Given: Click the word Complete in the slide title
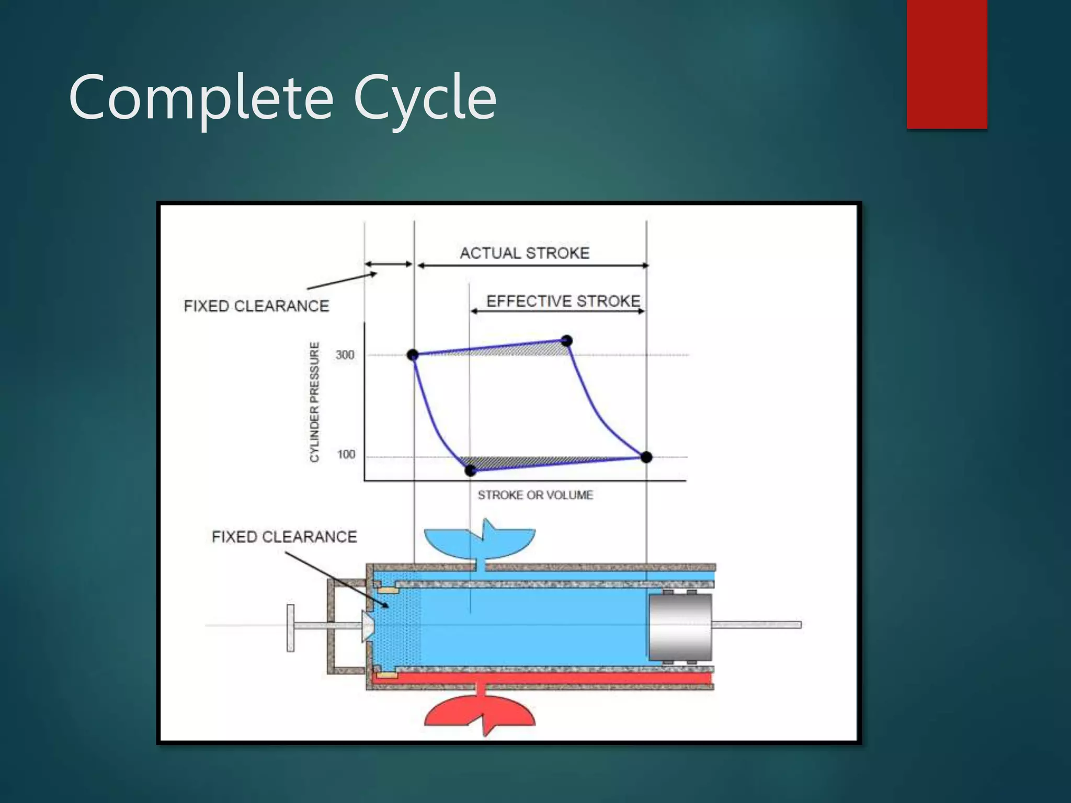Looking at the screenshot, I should (201, 98).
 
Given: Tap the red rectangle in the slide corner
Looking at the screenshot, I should (947, 64).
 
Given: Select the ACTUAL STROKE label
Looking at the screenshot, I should (525, 253).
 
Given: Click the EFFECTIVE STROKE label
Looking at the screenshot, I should (563, 301).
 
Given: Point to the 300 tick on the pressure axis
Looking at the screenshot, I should (345, 355).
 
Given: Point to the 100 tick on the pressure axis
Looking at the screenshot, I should (346, 454).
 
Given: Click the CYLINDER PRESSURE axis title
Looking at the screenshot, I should (314, 401).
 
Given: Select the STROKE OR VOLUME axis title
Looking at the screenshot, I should (535, 495).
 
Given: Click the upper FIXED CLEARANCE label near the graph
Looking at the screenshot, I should (256, 306).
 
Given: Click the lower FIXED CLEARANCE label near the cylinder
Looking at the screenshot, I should (284, 537).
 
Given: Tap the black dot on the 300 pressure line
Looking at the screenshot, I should (413, 355).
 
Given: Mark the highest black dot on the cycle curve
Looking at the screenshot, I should (566, 341).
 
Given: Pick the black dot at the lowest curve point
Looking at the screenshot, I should (470, 471).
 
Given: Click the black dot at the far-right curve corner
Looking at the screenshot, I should (646, 457).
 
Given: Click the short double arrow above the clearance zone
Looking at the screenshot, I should (389, 265).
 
